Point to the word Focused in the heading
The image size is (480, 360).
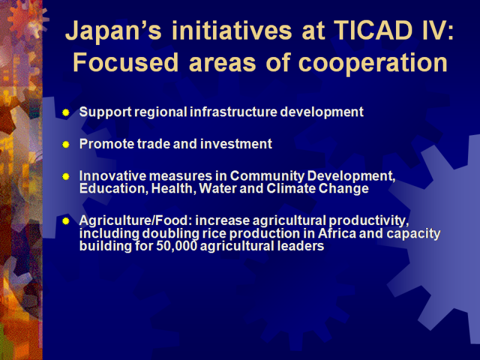[x=125, y=62]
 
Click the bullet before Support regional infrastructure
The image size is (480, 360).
[x=65, y=112]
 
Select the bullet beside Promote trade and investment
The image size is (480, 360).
[x=65, y=144]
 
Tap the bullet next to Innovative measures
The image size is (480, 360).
[x=65, y=176]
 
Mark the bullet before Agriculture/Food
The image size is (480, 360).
[x=65, y=221]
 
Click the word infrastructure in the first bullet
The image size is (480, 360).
[x=233, y=112]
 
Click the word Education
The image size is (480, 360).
[x=112, y=188]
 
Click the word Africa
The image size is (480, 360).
[x=337, y=233]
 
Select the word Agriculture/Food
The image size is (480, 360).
[x=136, y=221]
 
